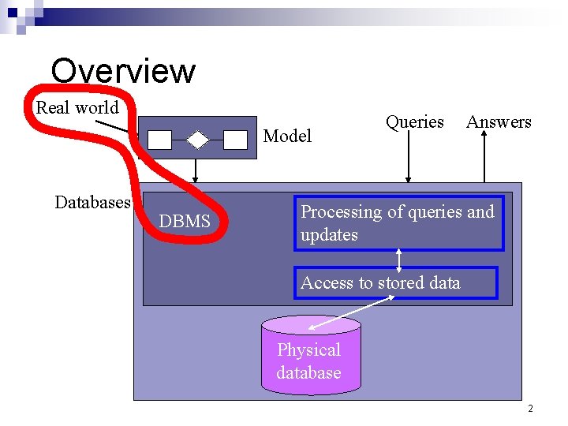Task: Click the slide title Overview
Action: [123, 70]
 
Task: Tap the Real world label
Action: [77, 107]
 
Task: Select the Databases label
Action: [92, 203]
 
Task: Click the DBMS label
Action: [185, 222]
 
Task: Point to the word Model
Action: [287, 136]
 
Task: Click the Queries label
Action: [415, 121]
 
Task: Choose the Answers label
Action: [499, 121]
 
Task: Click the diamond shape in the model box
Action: [197, 140]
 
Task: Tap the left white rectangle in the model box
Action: [160, 140]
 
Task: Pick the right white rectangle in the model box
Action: [235, 140]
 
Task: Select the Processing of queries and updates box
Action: [398, 223]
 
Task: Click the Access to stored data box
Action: [396, 283]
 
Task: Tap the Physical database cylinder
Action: [310, 355]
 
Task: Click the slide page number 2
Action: [530, 409]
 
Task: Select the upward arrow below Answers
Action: [484, 158]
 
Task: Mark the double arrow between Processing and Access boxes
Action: [399, 259]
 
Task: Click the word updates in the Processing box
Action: [329, 235]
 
